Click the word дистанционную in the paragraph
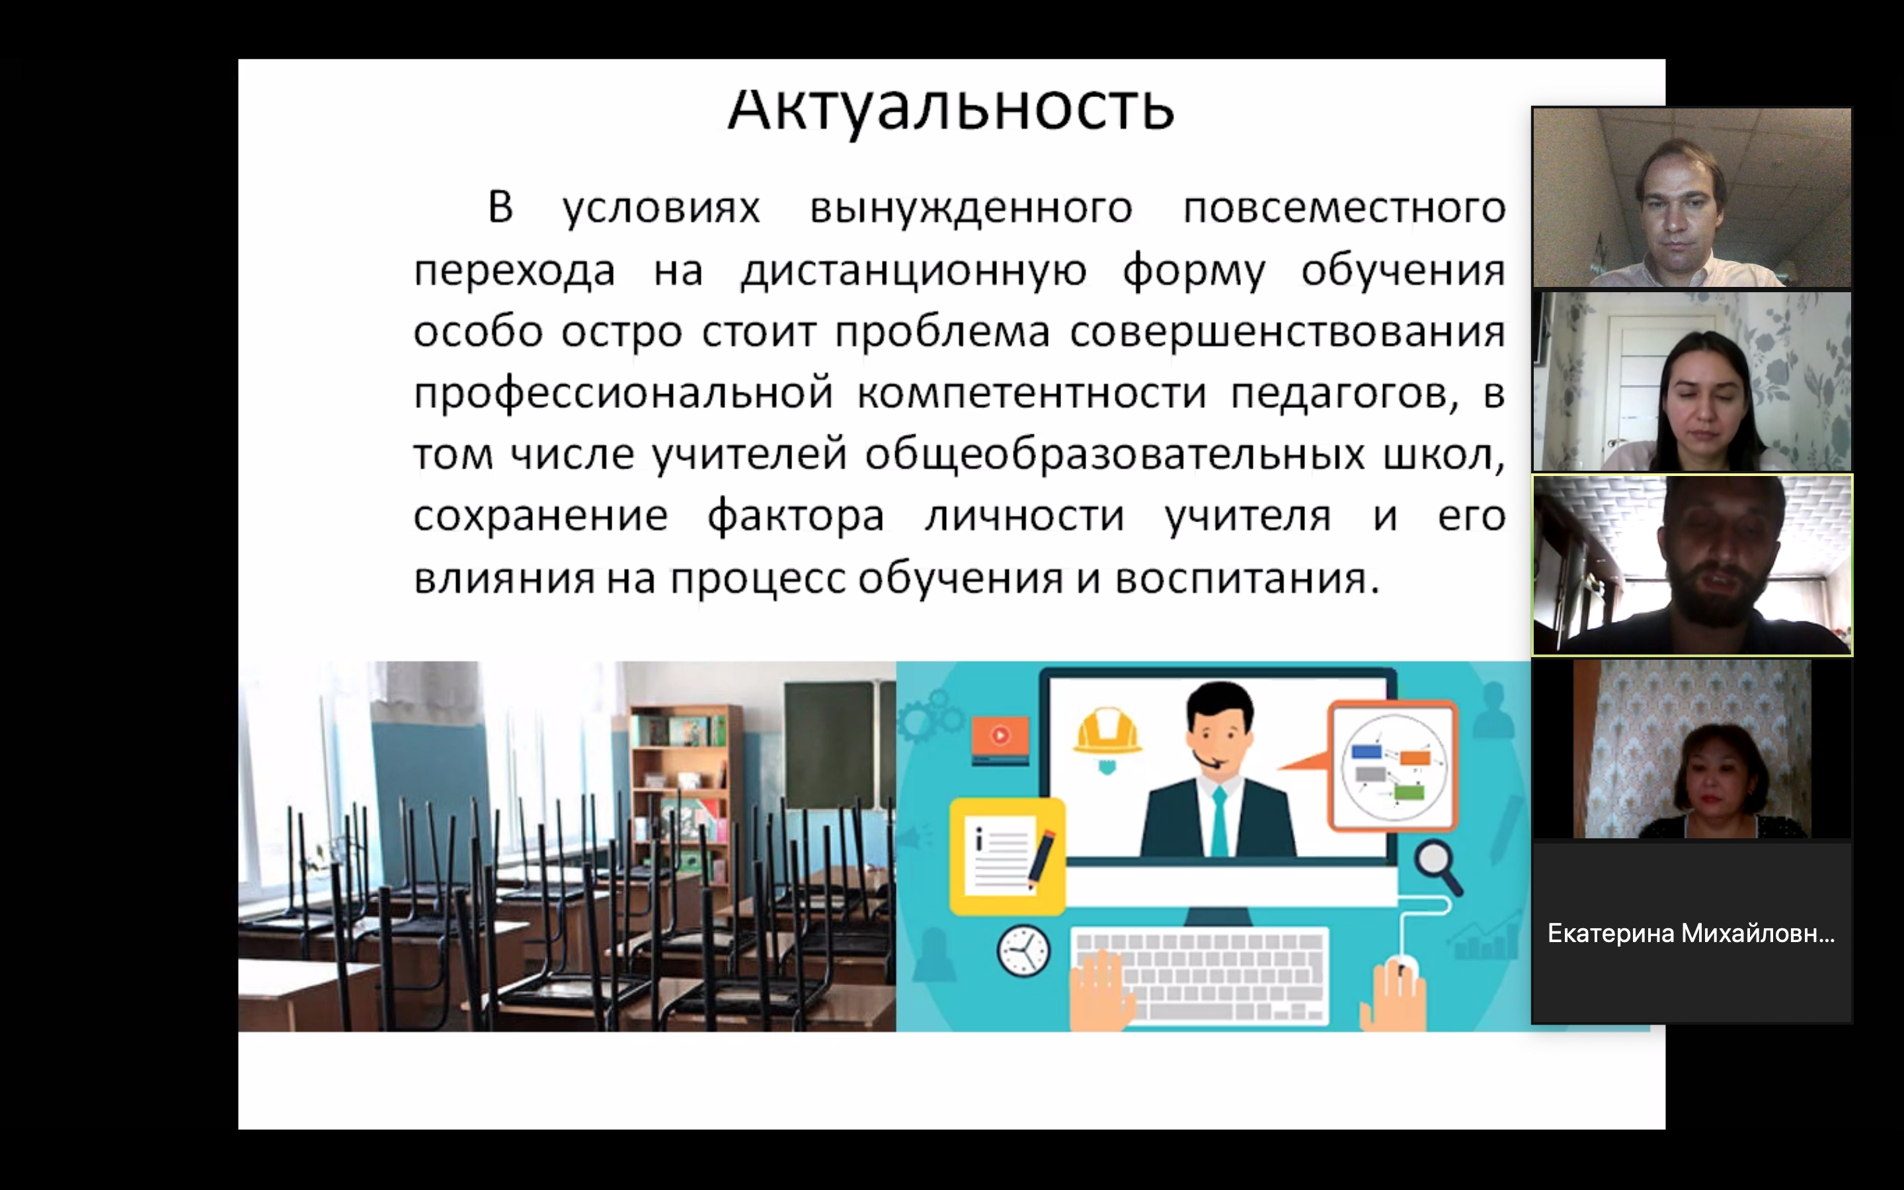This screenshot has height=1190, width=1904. pos(914,272)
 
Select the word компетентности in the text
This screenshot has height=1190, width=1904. pos(1031,393)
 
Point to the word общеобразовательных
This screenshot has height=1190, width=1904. pos(1115,455)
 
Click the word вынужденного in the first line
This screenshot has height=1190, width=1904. pos(972,208)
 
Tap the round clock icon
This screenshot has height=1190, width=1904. pos(1023,951)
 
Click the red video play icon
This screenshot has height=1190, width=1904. pos(1000,739)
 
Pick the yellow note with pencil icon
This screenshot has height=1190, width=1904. pos(1006,856)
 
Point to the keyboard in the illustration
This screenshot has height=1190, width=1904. pos(1201,976)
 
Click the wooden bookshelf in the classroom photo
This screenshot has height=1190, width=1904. pos(686,795)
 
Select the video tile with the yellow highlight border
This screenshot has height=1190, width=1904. pos(1692,565)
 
